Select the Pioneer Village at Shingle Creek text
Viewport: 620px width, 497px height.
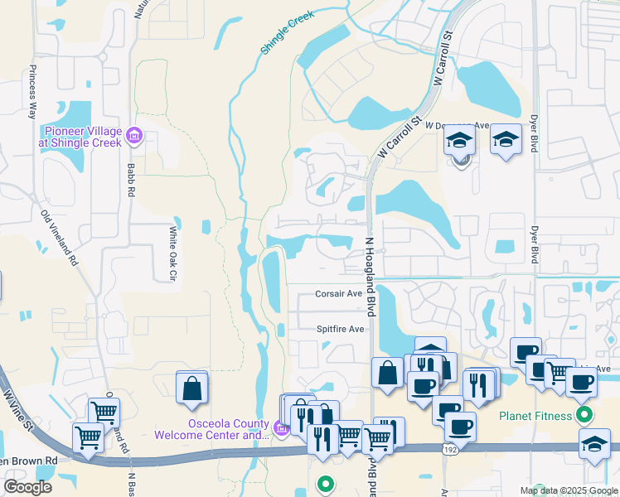click(x=83, y=137)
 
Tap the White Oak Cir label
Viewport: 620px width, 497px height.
click(x=174, y=253)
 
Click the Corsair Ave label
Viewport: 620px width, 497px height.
click(x=338, y=293)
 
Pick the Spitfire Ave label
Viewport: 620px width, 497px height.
click(x=340, y=329)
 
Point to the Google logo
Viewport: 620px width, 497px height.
click(x=27, y=487)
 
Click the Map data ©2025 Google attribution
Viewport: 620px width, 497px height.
click(x=568, y=490)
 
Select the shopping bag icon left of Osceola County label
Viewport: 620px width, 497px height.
click(x=191, y=386)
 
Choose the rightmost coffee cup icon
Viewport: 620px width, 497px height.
click(x=581, y=382)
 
